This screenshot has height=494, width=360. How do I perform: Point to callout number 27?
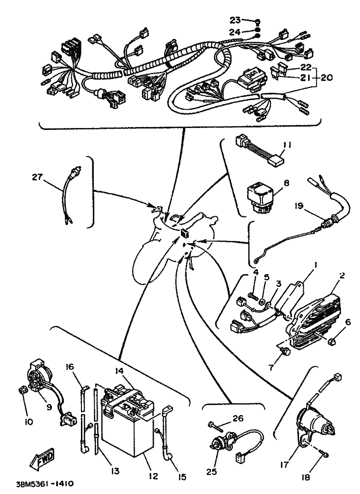(38, 177)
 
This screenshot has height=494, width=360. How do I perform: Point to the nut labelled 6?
(334, 340)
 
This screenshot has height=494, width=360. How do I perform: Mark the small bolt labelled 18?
(324, 455)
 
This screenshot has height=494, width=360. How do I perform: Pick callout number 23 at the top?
(235, 20)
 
